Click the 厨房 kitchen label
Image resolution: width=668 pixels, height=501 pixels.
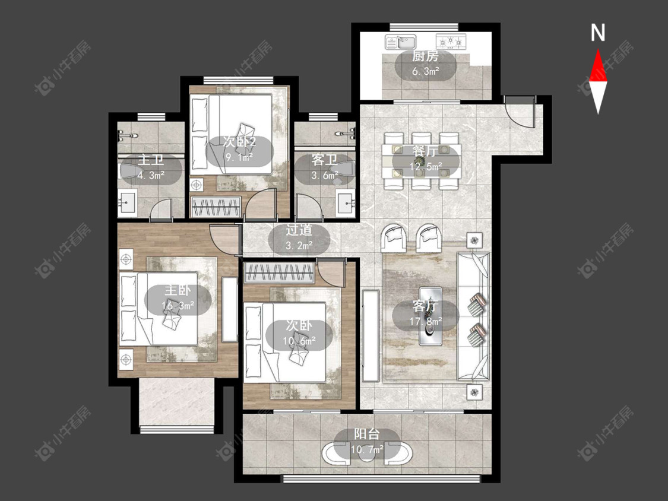click(x=425, y=56)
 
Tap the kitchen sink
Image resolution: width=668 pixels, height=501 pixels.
click(x=400, y=42)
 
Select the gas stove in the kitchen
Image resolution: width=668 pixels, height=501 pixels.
click(x=451, y=42)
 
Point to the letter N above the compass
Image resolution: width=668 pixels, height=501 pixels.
click(x=598, y=33)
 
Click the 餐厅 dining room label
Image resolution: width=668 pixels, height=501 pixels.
click(x=425, y=151)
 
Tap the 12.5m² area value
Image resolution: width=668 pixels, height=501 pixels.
click(x=426, y=166)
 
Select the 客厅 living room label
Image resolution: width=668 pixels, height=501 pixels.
click(x=425, y=306)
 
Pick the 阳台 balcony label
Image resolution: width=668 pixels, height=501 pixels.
click(x=367, y=434)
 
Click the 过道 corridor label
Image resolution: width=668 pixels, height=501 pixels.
click(x=299, y=230)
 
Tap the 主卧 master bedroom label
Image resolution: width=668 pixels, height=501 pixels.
click(x=178, y=290)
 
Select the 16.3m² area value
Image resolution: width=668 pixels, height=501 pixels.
click(x=178, y=306)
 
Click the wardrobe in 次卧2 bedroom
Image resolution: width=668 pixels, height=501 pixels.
click(x=216, y=208)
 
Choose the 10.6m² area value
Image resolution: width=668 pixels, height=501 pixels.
click(x=299, y=341)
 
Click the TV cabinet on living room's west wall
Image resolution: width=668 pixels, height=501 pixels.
click(x=370, y=336)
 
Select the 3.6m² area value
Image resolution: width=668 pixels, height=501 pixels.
click(x=325, y=175)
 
